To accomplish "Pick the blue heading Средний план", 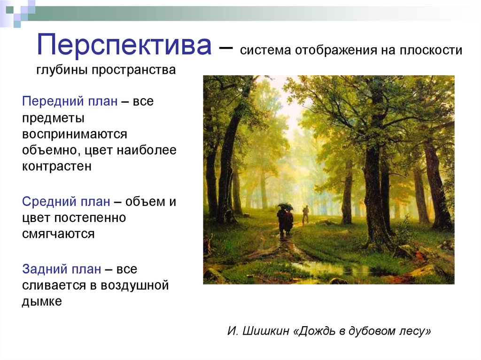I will tap(66, 202).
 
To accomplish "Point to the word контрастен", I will tap(56, 166).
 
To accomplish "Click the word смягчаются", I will tap(58, 234).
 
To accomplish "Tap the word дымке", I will tap(42, 301).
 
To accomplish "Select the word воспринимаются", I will tap(74, 134).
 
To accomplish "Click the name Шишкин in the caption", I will tap(268, 331).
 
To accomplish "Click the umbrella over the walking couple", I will tap(285, 206).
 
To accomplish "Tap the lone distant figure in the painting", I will tap(306, 214).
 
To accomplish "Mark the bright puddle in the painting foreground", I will tap(329, 268).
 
